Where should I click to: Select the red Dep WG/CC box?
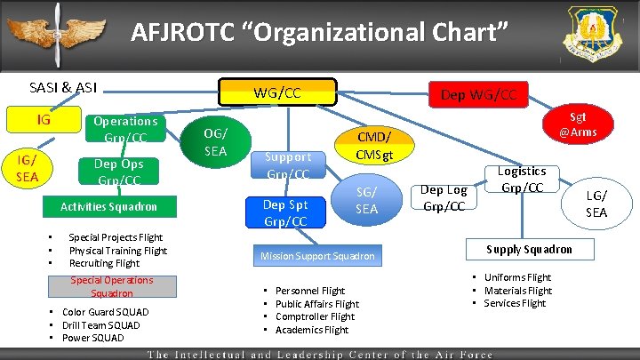tap(477, 92)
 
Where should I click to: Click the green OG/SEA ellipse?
tap(214, 141)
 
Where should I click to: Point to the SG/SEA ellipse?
tap(366, 202)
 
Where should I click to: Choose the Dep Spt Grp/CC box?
tap(285, 213)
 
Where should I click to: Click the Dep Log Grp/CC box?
tap(443, 197)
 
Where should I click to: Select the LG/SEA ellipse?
tap(596, 204)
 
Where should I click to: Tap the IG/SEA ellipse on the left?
tap(28, 165)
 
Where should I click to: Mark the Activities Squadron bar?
tap(108, 206)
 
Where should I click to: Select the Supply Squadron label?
tap(529, 250)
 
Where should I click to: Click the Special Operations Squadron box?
tap(112, 286)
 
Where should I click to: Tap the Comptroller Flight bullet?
tap(315, 316)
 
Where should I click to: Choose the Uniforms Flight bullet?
tap(517, 277)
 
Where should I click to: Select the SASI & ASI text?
tap(63, 87)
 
